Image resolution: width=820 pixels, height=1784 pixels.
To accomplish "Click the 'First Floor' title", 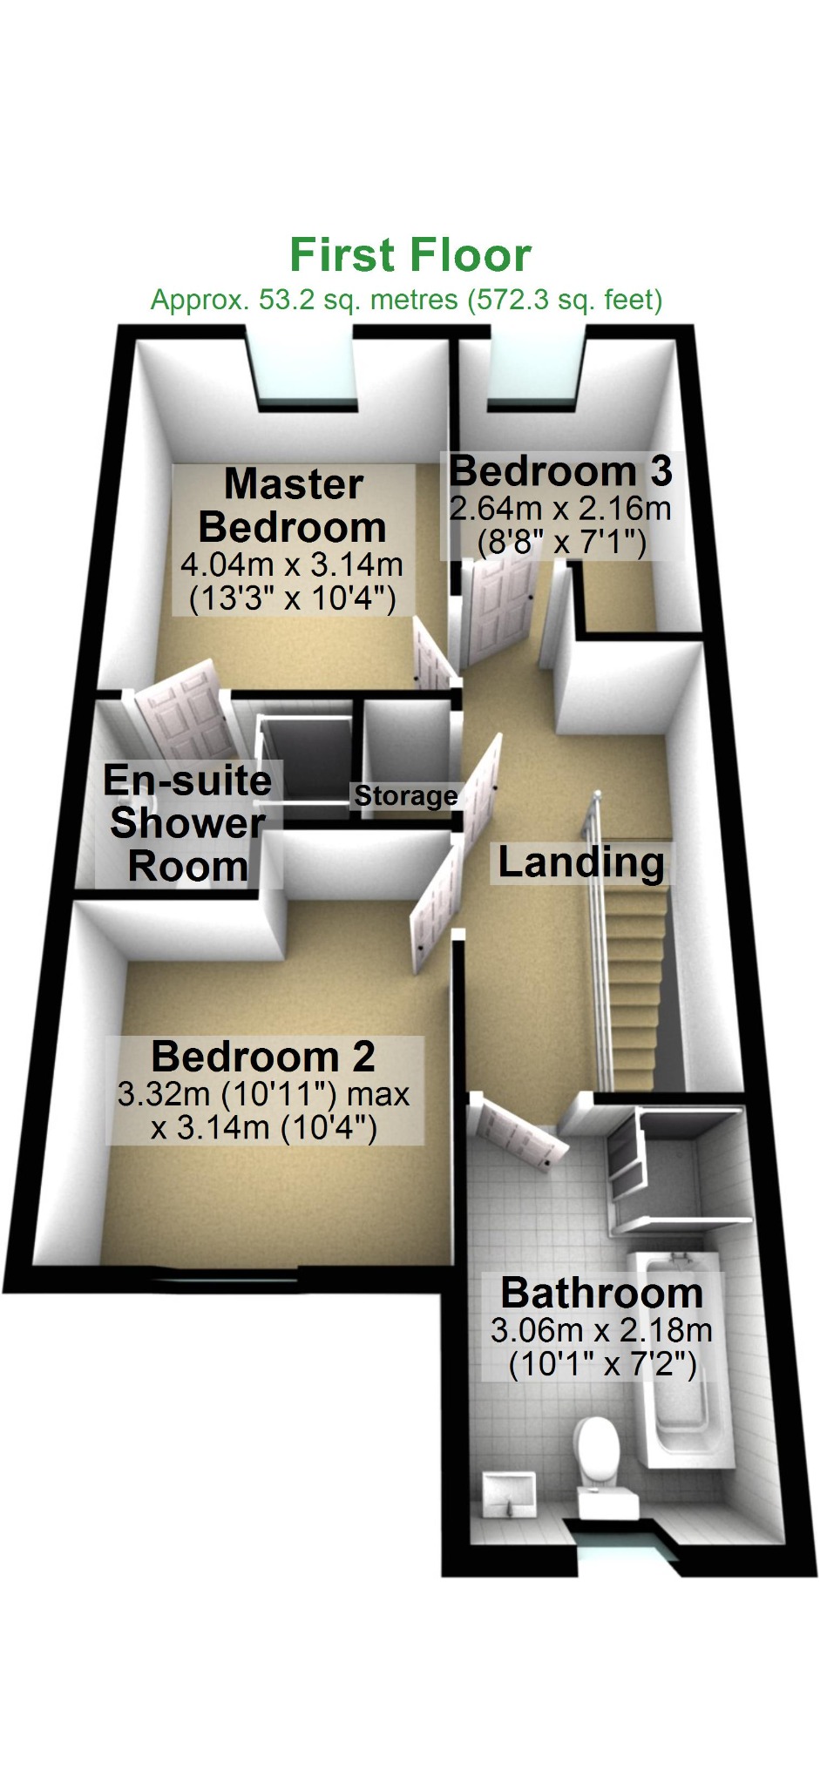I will (x=410, y=255).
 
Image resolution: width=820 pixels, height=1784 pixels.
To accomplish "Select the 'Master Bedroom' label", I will (x=293, y=506).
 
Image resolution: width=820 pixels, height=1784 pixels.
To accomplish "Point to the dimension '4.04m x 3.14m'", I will (x=292, y=564).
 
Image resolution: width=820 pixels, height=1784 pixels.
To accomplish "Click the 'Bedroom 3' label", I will (x=560, y=471).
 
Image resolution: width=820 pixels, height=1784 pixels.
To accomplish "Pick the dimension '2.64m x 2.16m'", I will (x=560, y=508).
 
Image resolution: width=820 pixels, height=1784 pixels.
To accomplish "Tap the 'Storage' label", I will (x=405, y=795).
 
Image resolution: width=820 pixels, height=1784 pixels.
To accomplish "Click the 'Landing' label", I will (x=580, y=862).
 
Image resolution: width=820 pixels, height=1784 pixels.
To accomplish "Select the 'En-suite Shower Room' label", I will (x=186, y=823).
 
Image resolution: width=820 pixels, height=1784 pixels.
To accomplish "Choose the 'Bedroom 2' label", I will (x=263, y=1057).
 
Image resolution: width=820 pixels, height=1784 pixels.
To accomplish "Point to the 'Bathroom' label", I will (x=601, y=1293).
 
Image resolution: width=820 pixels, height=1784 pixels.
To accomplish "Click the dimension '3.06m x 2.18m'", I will (x=601, y=1330).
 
